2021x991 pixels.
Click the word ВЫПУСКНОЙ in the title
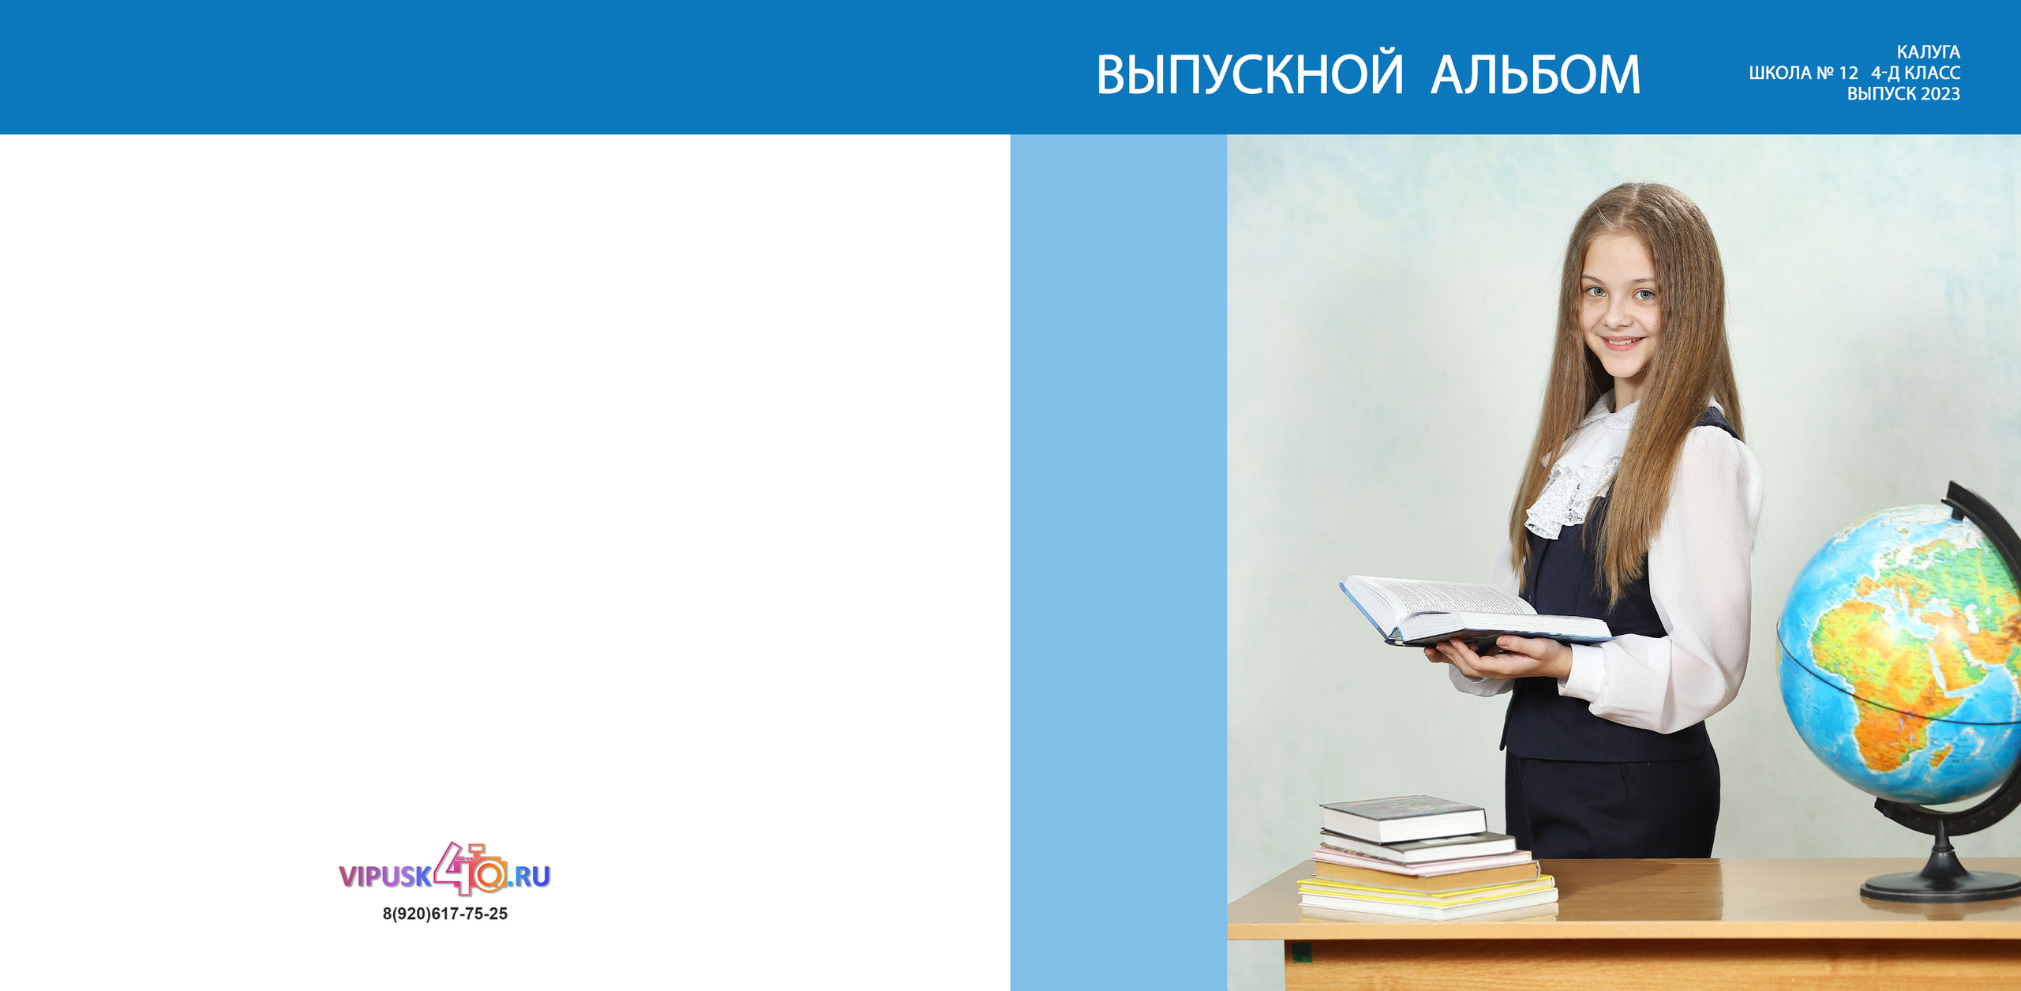1250,75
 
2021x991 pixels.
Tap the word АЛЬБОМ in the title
1535,75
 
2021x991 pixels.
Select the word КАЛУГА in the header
1928,52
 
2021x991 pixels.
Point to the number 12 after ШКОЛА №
1848,73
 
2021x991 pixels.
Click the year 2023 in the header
1940,95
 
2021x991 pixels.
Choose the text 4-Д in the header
1885,73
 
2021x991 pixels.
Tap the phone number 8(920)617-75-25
445,914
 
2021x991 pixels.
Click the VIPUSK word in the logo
385,877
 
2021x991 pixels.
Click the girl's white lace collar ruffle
1567,482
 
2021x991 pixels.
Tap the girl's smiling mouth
1621,343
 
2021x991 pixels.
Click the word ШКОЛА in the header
1780,73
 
